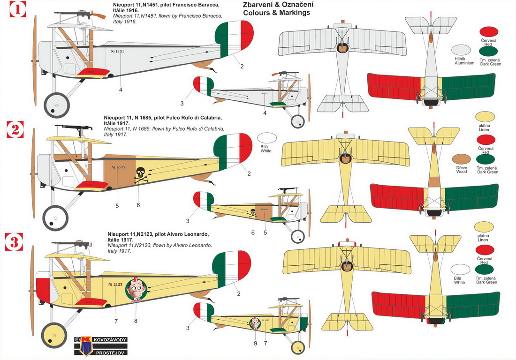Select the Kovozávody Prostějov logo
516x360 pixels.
coord(100,345)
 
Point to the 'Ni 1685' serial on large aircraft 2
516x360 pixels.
coord(118,167)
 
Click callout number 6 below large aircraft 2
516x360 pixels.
coord(138,205)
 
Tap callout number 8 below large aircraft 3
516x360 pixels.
coord(136,321)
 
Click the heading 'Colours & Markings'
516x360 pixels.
coord(276,13)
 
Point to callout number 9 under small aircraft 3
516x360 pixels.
coord(256,343)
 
